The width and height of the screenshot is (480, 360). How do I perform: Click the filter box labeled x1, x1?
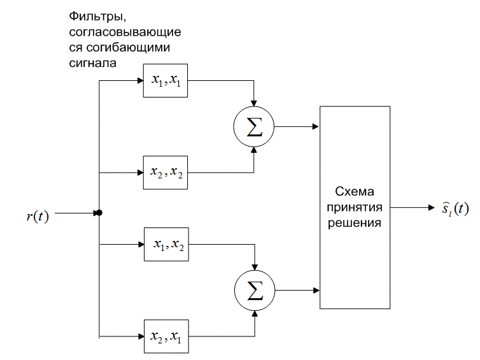click(166, 81)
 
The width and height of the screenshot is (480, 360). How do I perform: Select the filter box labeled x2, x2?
click(166, 172)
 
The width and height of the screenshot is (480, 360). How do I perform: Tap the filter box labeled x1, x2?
click(166, 244)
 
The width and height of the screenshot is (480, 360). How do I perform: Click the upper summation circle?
click(254, 126)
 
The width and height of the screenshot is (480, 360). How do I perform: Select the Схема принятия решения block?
click(355, 207)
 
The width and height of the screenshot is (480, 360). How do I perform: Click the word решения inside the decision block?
click(355, 223)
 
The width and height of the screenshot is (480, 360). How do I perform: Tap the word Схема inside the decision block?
click(355, 192)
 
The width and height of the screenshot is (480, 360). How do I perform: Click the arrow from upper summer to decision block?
click(296, 126)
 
